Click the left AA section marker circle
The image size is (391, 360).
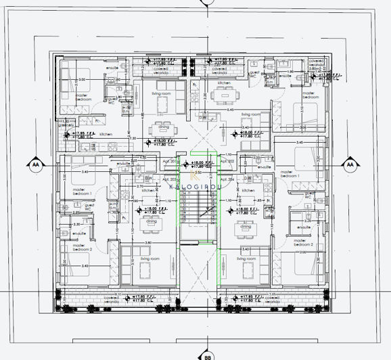tap(34, 164)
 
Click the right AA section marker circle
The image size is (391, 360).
tap(350, 164)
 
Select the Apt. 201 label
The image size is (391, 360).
tap(170, 162)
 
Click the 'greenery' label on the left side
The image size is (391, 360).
tap(66, 125)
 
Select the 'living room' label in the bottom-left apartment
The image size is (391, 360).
tap(150, 258)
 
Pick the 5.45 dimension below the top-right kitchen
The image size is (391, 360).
tap(231, 109)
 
